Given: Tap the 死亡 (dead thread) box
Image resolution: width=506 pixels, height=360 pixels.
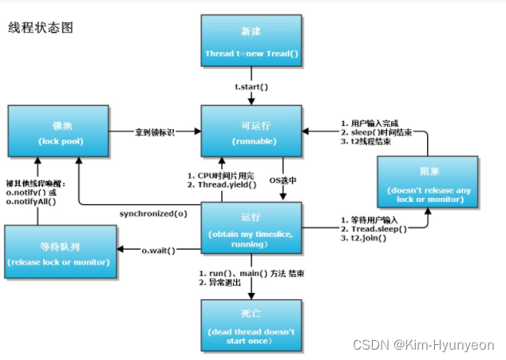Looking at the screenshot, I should (x=251, y=326).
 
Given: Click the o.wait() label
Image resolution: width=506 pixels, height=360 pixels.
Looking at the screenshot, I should (x=158, y=251).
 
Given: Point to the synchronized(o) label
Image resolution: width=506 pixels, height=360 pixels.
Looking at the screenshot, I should (x=154, y=214).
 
